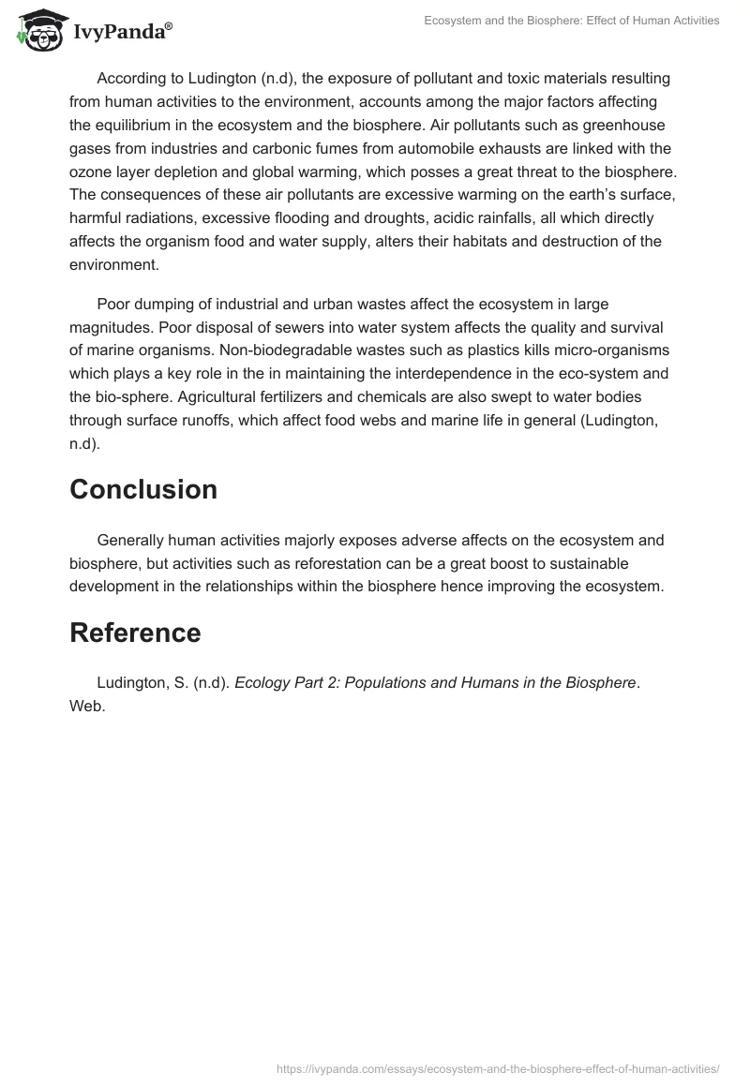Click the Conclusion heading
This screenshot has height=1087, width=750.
tap(143, 489)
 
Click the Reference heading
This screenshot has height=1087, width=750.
tap(135, 633)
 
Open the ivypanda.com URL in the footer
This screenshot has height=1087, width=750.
tap(500, 1068)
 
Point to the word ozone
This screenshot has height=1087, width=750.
tap(90, 172)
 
